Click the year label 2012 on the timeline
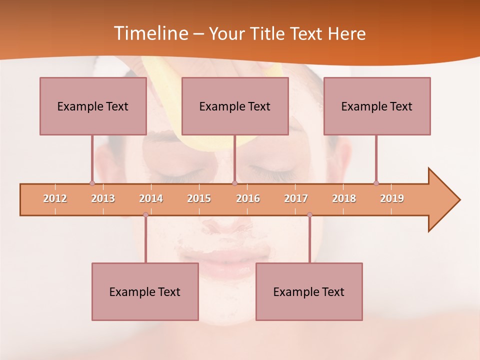tap(55, 198)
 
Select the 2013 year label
tap(103, 198)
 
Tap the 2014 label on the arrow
tap(151, 198)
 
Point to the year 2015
tap(199, 198)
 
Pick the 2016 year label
tap(248, 198)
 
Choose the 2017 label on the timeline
tap(296, 198)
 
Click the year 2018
tap(344, 198)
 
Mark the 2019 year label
tap(392, 198)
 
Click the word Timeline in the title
tap(150, 33)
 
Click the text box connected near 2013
tap(93, 106)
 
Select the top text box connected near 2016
tap(235, 106)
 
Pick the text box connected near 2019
tap(377, 106)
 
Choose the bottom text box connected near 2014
tap(145, 291)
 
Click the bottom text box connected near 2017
tap(309, 291)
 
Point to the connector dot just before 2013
tap(92, 183)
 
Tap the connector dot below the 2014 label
tap(145, 215)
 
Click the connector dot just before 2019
tap(376, 183)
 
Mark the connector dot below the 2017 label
tap(309, 215)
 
